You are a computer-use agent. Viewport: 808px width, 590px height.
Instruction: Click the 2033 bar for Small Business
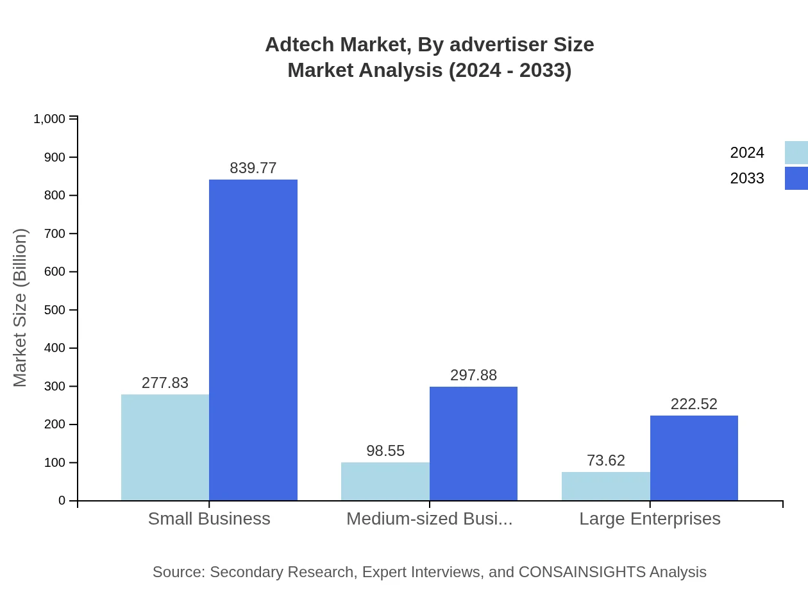(x=253, y=340)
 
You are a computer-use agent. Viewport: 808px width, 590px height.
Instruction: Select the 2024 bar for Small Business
(x=165, y=447)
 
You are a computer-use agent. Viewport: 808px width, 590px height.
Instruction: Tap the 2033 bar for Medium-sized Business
(x=473, y=443)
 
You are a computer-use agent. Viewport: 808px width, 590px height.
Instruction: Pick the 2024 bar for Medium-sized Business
(x=385, y=481)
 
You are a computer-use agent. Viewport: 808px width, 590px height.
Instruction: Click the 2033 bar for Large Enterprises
(x=694, y=458)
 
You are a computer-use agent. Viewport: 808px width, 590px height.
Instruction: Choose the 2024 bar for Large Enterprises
(x=605, y=486)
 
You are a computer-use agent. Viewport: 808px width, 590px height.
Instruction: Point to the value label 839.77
(x=253, y=168)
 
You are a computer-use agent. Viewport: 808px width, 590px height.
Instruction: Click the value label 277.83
(x=165, y=383)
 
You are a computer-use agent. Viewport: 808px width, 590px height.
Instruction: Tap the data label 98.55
(x=385, y=451)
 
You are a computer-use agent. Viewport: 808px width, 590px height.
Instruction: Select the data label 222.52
(x=694, y=404)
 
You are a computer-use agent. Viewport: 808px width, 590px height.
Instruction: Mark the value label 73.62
(x=605, y=460)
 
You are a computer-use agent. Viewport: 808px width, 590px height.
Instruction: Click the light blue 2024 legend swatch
(x=796, y=153)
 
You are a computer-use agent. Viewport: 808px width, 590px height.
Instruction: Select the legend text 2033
(x=747, y=178)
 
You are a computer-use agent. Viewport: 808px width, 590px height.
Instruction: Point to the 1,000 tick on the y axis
(x=49, y=119)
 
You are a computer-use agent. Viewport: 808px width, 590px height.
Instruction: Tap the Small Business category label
(x=209, y=519)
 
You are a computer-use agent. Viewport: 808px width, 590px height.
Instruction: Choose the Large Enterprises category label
(x=650, y=519)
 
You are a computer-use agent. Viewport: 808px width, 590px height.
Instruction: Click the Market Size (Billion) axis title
(x=20, y=308)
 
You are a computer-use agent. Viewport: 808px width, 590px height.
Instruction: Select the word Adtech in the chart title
(x=298, y=45)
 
